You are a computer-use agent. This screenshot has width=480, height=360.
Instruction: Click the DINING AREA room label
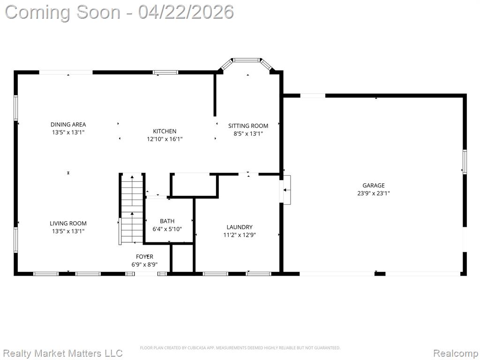pos(68,125)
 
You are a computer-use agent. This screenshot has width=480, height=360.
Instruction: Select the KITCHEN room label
pos(165,131)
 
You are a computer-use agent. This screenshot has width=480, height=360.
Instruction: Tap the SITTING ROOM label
pos(248,126)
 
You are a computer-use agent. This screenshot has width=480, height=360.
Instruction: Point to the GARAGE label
pos(374,186)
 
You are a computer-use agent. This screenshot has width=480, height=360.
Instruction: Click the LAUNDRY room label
pos(240,227)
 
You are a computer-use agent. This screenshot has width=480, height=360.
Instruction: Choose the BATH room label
pos(167,221)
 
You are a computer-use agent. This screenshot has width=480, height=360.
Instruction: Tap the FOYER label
pos(145,257)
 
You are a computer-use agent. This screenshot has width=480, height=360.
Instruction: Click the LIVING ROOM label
pos(68,224)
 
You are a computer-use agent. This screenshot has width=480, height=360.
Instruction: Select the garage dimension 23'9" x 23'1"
pos(374,194)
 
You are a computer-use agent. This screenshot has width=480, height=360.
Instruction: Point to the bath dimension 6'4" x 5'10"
pos(167,229)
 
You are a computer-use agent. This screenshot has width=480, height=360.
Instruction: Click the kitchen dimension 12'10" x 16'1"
pos(165,139)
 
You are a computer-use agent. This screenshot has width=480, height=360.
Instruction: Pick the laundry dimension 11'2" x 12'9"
pos(240,235)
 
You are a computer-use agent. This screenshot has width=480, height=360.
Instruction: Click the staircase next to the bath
pos(132,209)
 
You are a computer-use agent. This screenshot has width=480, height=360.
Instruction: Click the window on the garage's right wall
pos(465,162)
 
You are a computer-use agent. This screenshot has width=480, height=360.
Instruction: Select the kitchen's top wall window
pos(165,73)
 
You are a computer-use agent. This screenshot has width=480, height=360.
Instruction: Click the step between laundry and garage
pos(287,190)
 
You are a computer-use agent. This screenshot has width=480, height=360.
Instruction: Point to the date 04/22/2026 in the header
pos(186,12)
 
